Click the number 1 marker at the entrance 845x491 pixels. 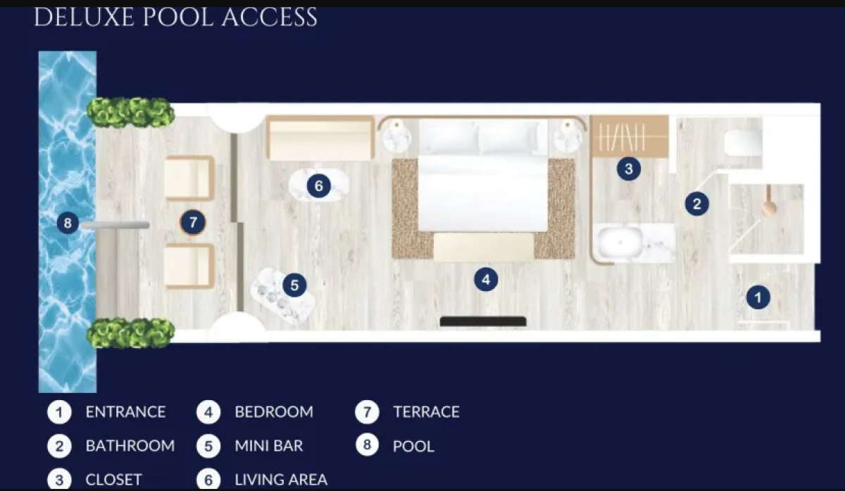point(758,297)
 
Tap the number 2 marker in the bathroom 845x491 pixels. point(696,204)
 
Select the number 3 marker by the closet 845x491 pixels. point(628,168)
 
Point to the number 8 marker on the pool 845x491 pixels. point(68,223)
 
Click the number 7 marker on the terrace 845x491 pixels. point(193,223)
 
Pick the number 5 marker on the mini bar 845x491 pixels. point(294,285)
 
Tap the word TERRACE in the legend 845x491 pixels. point(426,411)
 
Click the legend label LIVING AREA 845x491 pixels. point(281,480)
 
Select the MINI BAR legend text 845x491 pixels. point(268,446)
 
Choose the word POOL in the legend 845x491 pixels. point(413,447)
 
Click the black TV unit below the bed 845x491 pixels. point(483,321)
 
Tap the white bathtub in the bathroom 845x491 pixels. point(620,242)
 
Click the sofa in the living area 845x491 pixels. point(320,139)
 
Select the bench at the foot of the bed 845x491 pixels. point(484,247)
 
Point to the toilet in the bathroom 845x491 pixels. point(743,143)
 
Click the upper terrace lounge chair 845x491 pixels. point(189,178)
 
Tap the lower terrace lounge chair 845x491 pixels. point(189,266)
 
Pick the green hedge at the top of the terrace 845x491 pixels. point(130,113)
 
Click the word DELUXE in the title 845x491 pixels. point(84,18)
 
